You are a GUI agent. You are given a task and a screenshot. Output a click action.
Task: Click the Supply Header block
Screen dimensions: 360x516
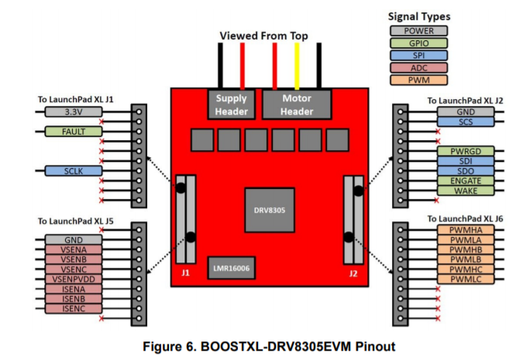click(x=232, y=105)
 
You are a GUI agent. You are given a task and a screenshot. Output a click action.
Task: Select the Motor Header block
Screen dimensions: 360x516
click(x=297, y=105)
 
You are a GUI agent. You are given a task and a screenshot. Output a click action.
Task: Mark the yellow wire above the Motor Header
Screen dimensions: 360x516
click(x=297, y=65)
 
